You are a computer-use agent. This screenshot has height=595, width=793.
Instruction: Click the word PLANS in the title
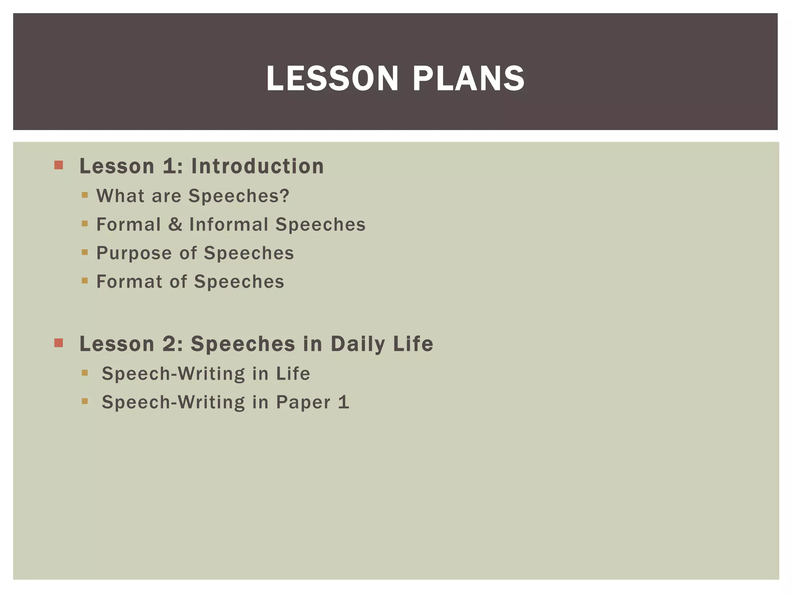coord(469,79)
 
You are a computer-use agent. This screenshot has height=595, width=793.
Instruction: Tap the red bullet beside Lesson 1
coord(58,165)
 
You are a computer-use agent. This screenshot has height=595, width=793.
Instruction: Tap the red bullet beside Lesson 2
coord(58,343)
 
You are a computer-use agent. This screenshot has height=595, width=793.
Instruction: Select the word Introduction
coord(257,166)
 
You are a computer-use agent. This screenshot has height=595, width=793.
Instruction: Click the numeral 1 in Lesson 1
coord(170,166)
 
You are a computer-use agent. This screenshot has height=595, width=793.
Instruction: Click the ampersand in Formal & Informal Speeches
coord(175,224)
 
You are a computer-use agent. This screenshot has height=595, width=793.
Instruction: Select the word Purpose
coord(134,253)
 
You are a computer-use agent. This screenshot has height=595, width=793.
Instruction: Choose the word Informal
coord(229,224)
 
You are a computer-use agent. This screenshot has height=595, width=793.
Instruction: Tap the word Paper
coord(303,402)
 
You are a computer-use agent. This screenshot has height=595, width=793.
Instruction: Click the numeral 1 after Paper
coord(343,402)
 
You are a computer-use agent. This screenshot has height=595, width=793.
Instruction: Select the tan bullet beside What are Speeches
coord(85,195)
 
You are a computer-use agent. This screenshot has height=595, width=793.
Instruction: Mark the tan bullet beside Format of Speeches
coord(85,281)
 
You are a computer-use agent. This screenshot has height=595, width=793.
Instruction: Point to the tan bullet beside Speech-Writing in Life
coord(85,373)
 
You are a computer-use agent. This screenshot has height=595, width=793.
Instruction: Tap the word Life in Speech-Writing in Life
coord(293,373)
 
